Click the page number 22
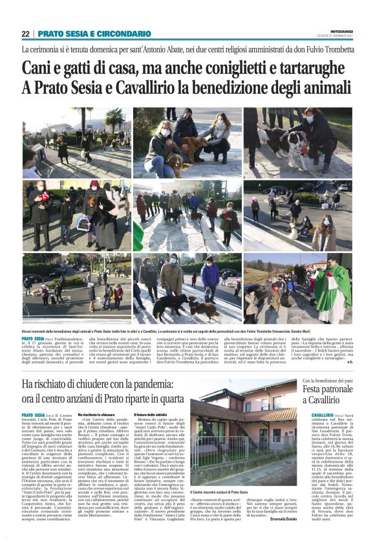[x=25, y=34]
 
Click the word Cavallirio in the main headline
[x=143, y=87]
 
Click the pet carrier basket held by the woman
[x=83, y=223]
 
